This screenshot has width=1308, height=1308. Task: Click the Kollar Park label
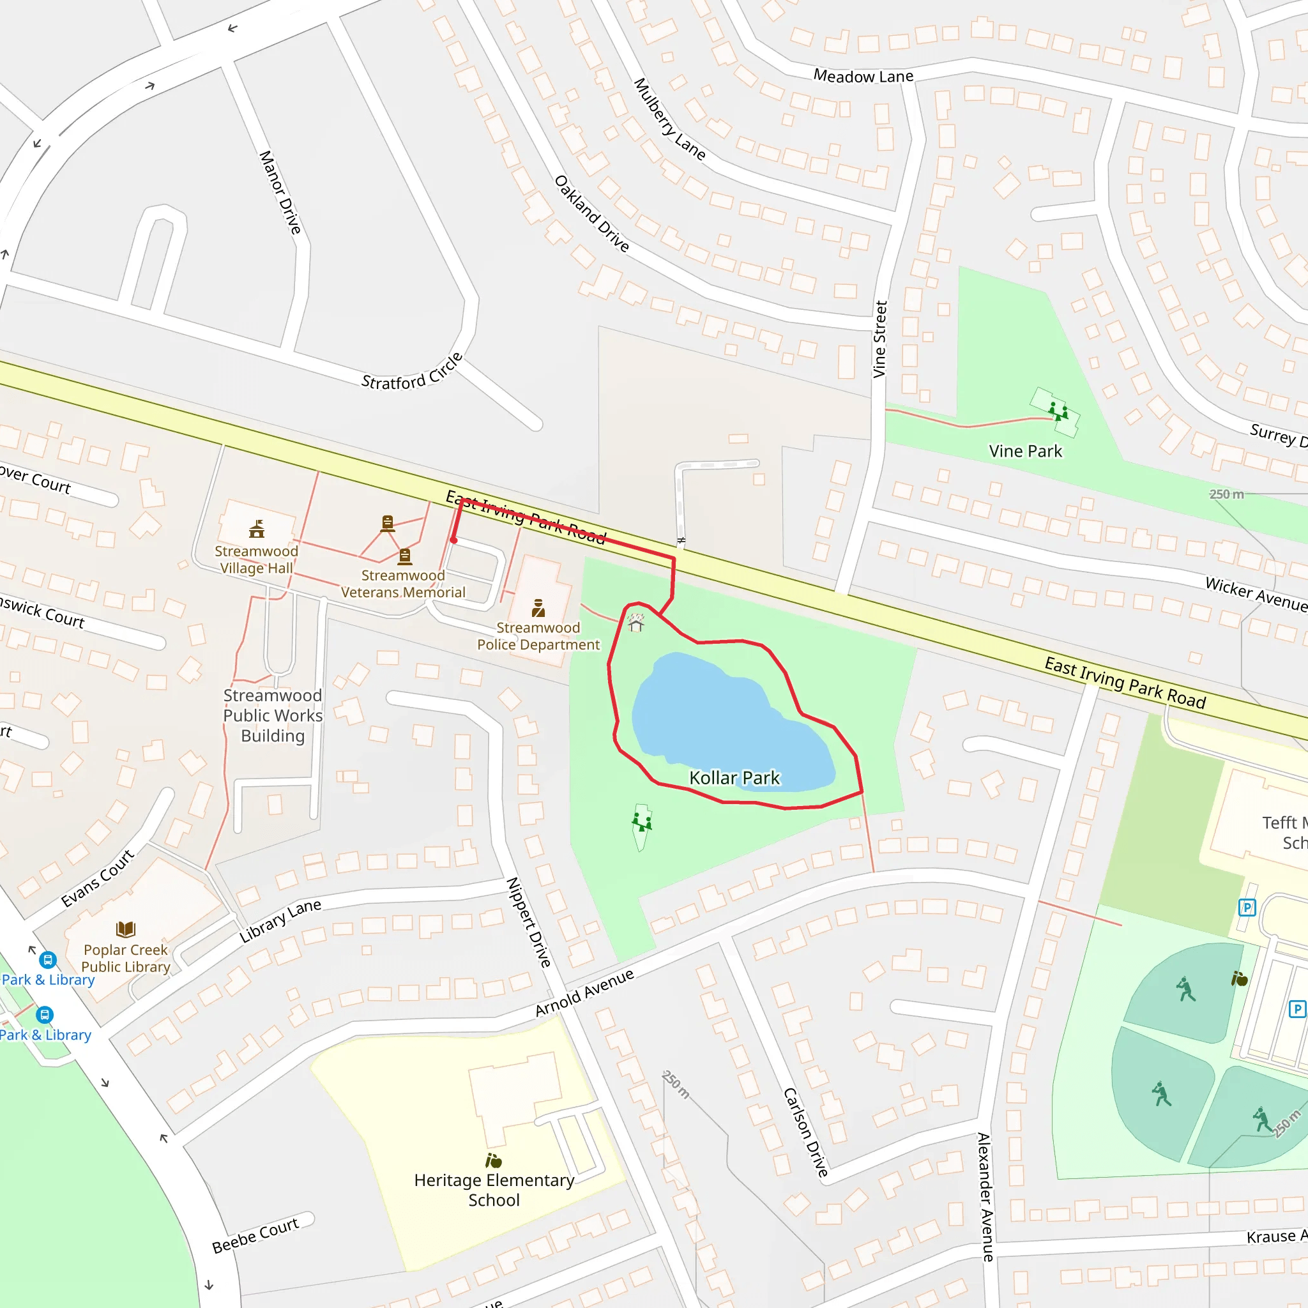pyautogui.click(x=734, y=778)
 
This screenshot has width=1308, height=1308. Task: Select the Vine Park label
pyautogui.click(x=1025, y=451)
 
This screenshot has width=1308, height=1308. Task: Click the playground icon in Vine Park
pyautogui.click(x=1058, y=410)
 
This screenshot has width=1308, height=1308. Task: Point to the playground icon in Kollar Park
pyautogui.click(x=642, y=822)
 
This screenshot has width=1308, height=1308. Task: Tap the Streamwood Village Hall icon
pyautogui.click(x=257, y=529)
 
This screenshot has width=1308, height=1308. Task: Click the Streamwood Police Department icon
pyautogui.click(x=538, y=608)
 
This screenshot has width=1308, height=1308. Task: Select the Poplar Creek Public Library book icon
pyautogui.click(x=126, y=929)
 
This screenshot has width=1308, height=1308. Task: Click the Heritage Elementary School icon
pyautogui.click(x=494, y=1161)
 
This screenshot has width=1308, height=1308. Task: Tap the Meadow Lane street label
pyautogui.click(x=863, y=76)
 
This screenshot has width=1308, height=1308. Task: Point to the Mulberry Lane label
pyautogui.click(x=669, y=119)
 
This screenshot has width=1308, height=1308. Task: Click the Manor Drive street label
pyautogui.click(x=280, y=192)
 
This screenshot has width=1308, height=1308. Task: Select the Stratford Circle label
pyautogui.click(x=412, y=372)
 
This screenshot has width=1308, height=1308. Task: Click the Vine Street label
pyautogui.click(x=879, y=339)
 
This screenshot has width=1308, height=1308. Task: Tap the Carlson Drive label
pyautogui.click(x=805, y=1132)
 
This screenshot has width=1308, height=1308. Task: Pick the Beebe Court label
pyautogui.click(x=255, y=1236)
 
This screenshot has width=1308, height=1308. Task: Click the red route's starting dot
pyautogui.click(x=453, y=540)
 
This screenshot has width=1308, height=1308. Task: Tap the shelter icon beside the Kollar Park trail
pyautogui.click(x=635, y=622)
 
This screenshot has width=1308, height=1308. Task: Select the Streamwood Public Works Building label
pyautogui.click(x=273, y=715)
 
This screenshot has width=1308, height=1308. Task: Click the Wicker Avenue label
pyautogui.click(x=1256, y=593)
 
